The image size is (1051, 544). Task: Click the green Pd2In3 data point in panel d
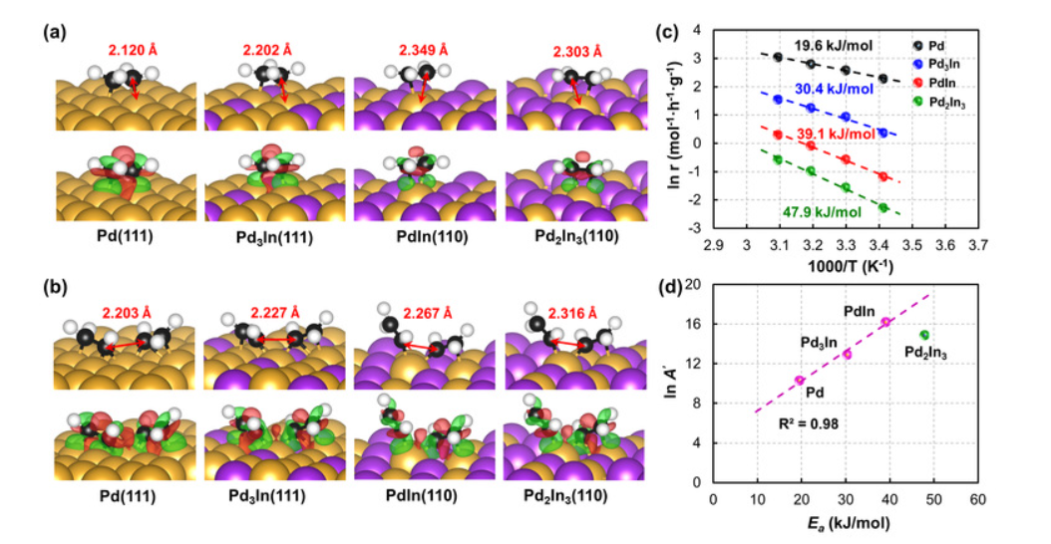click(923, 335)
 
